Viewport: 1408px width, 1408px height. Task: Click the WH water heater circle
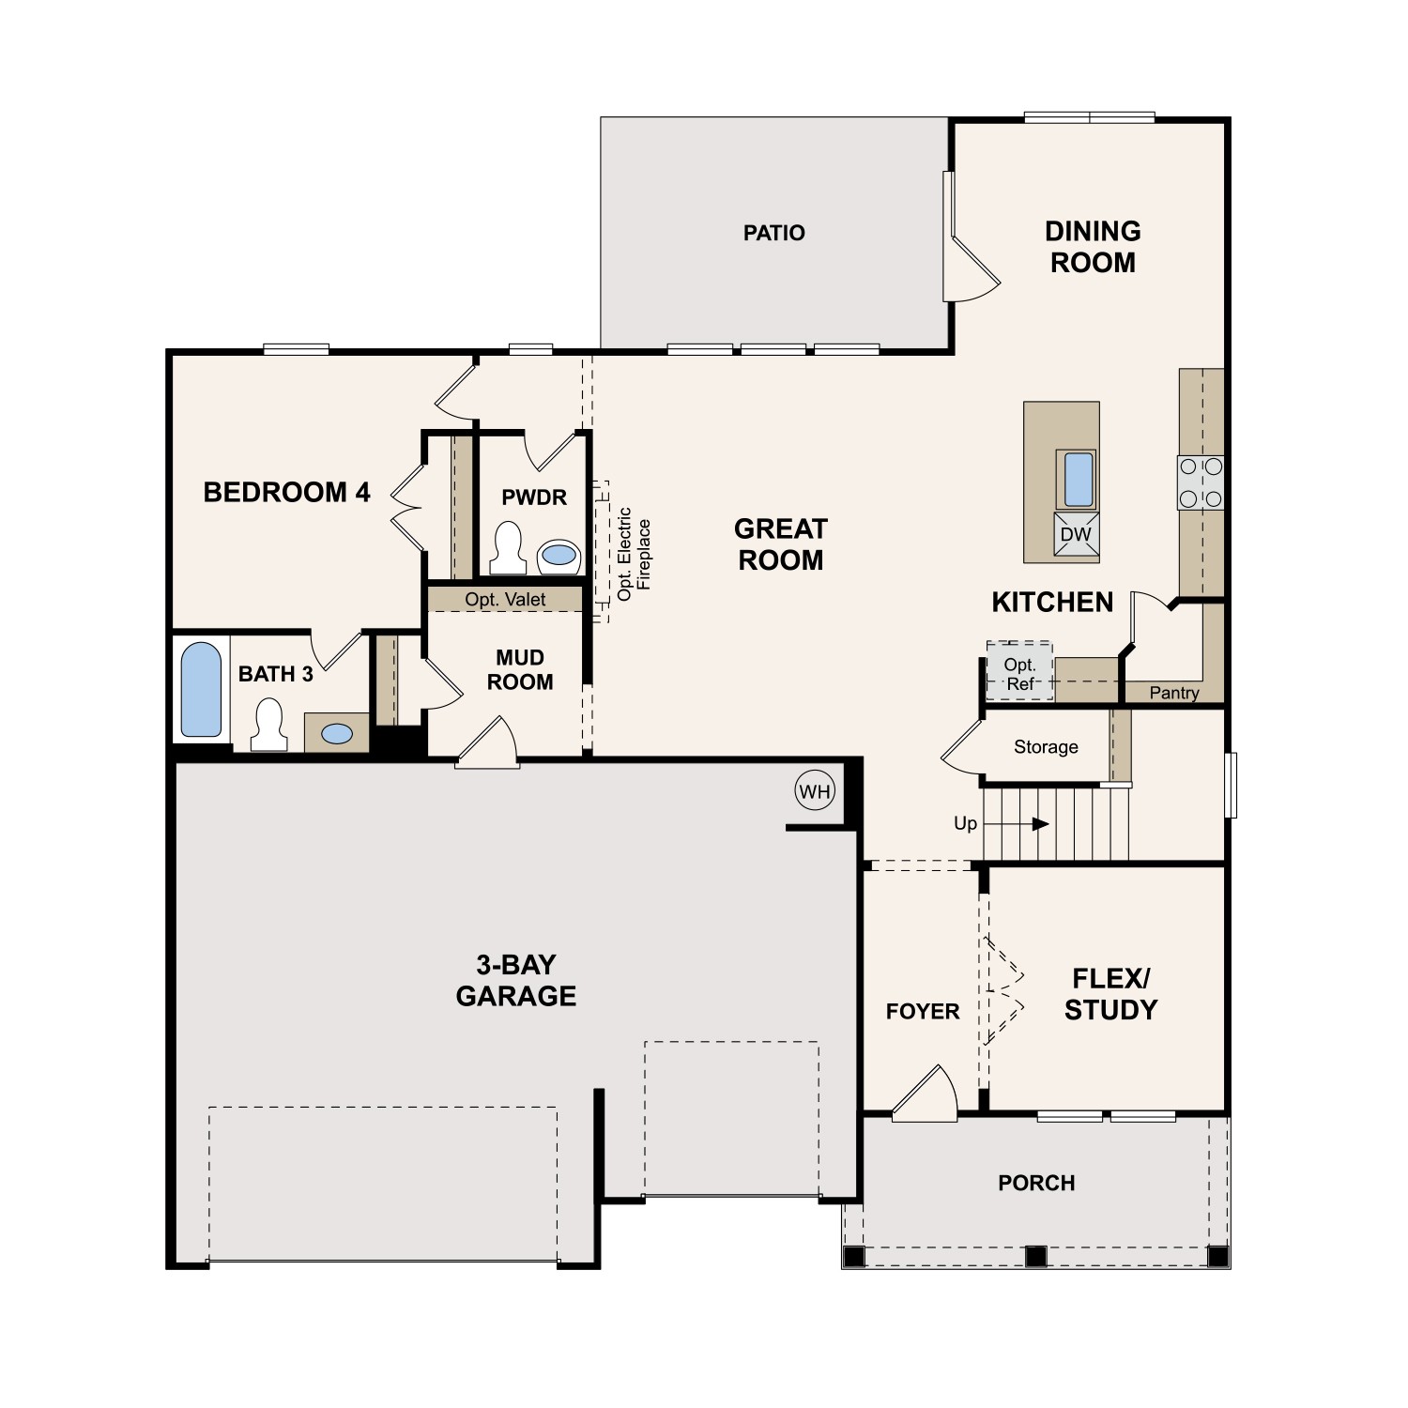(x=814, y=791)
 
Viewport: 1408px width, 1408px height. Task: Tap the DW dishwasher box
(x=1076, y=535)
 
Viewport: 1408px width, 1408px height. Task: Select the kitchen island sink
(x=1076, y=479)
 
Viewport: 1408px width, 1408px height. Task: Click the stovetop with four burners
(x=1201, y=482)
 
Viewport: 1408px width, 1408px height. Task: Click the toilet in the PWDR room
(x=508, y=548)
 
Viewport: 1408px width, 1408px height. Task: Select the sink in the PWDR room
(x=559, y=556)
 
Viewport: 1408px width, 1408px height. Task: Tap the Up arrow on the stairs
(x=1039, y=824)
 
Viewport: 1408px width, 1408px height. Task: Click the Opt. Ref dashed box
(x=1019, y=672)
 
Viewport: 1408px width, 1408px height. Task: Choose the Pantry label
(x=1174, y=693)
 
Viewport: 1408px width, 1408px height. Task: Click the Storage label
(x=1046, y=747)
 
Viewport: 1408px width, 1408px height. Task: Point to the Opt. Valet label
(x=505, y=600)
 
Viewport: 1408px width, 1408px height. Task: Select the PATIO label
(x=774, y=233)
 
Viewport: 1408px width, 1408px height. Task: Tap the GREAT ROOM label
(x=780, y=544)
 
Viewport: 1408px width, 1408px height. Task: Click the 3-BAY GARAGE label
(x=515, y=980)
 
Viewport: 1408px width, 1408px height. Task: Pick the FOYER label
(x=923, y=1011)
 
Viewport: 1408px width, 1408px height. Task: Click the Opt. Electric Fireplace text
(x=634, y=554)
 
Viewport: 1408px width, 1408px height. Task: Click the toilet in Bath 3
(x=269, y=725)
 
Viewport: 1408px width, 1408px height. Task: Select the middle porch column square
(x=1035, y=1255)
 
